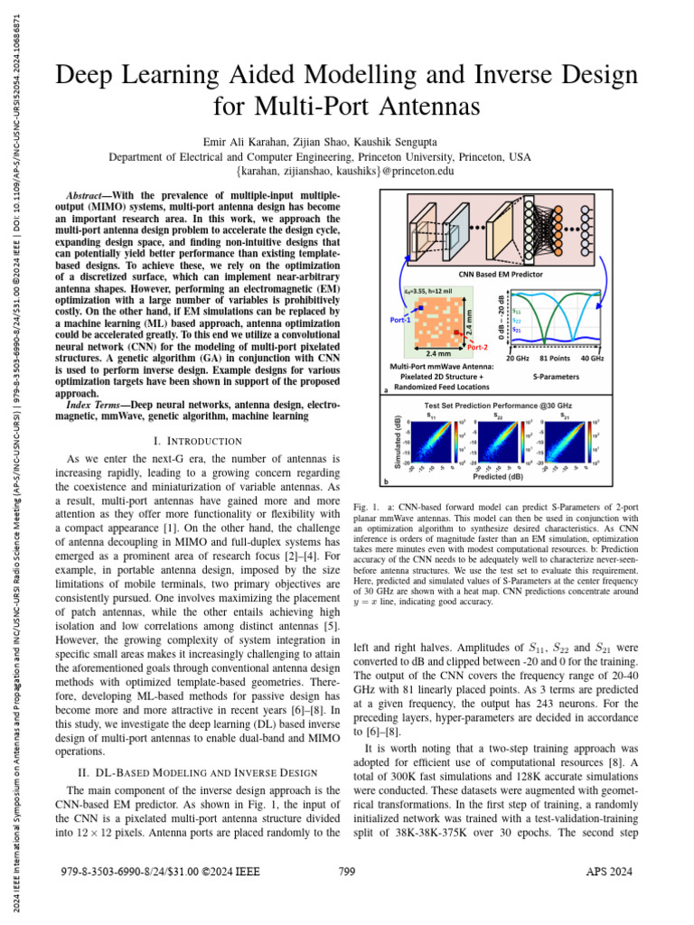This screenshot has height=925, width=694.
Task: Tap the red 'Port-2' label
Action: pyautogui.click(x=478, y=347)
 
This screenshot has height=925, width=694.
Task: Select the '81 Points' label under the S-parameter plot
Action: pyautogui.click(x=555, y=359)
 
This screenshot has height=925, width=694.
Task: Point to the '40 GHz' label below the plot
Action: pyautogui.click(x=592, y=359)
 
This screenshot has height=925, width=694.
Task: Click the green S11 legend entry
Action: pyautogui.click(x=516, y=312)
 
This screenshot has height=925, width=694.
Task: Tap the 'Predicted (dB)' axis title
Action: pyautogui.click(x=499, y=477)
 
